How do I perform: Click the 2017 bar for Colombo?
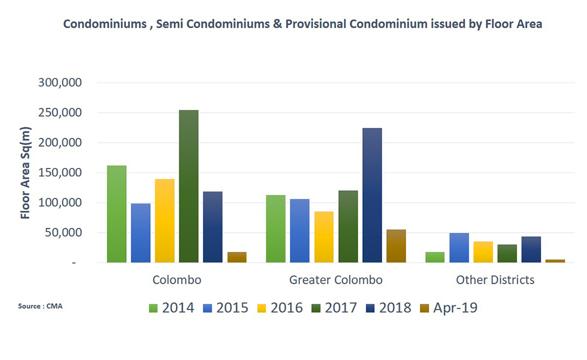[189, 186]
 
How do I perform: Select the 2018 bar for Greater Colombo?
[372, 195]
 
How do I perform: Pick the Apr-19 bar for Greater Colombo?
[396, 246]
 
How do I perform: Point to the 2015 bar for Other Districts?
[459, 248]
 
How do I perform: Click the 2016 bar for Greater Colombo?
[324, 237]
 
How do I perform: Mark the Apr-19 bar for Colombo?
[237, 257]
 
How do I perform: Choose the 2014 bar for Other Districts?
[435, 257]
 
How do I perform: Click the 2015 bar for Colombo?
[141, 233]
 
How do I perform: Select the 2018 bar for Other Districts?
[531, 249]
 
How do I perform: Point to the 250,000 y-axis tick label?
[61, 113]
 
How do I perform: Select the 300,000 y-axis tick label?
[61, 83]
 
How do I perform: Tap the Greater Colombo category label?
[336, 280]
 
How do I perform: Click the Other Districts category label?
[495, 280]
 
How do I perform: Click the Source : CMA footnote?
[40, 306]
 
